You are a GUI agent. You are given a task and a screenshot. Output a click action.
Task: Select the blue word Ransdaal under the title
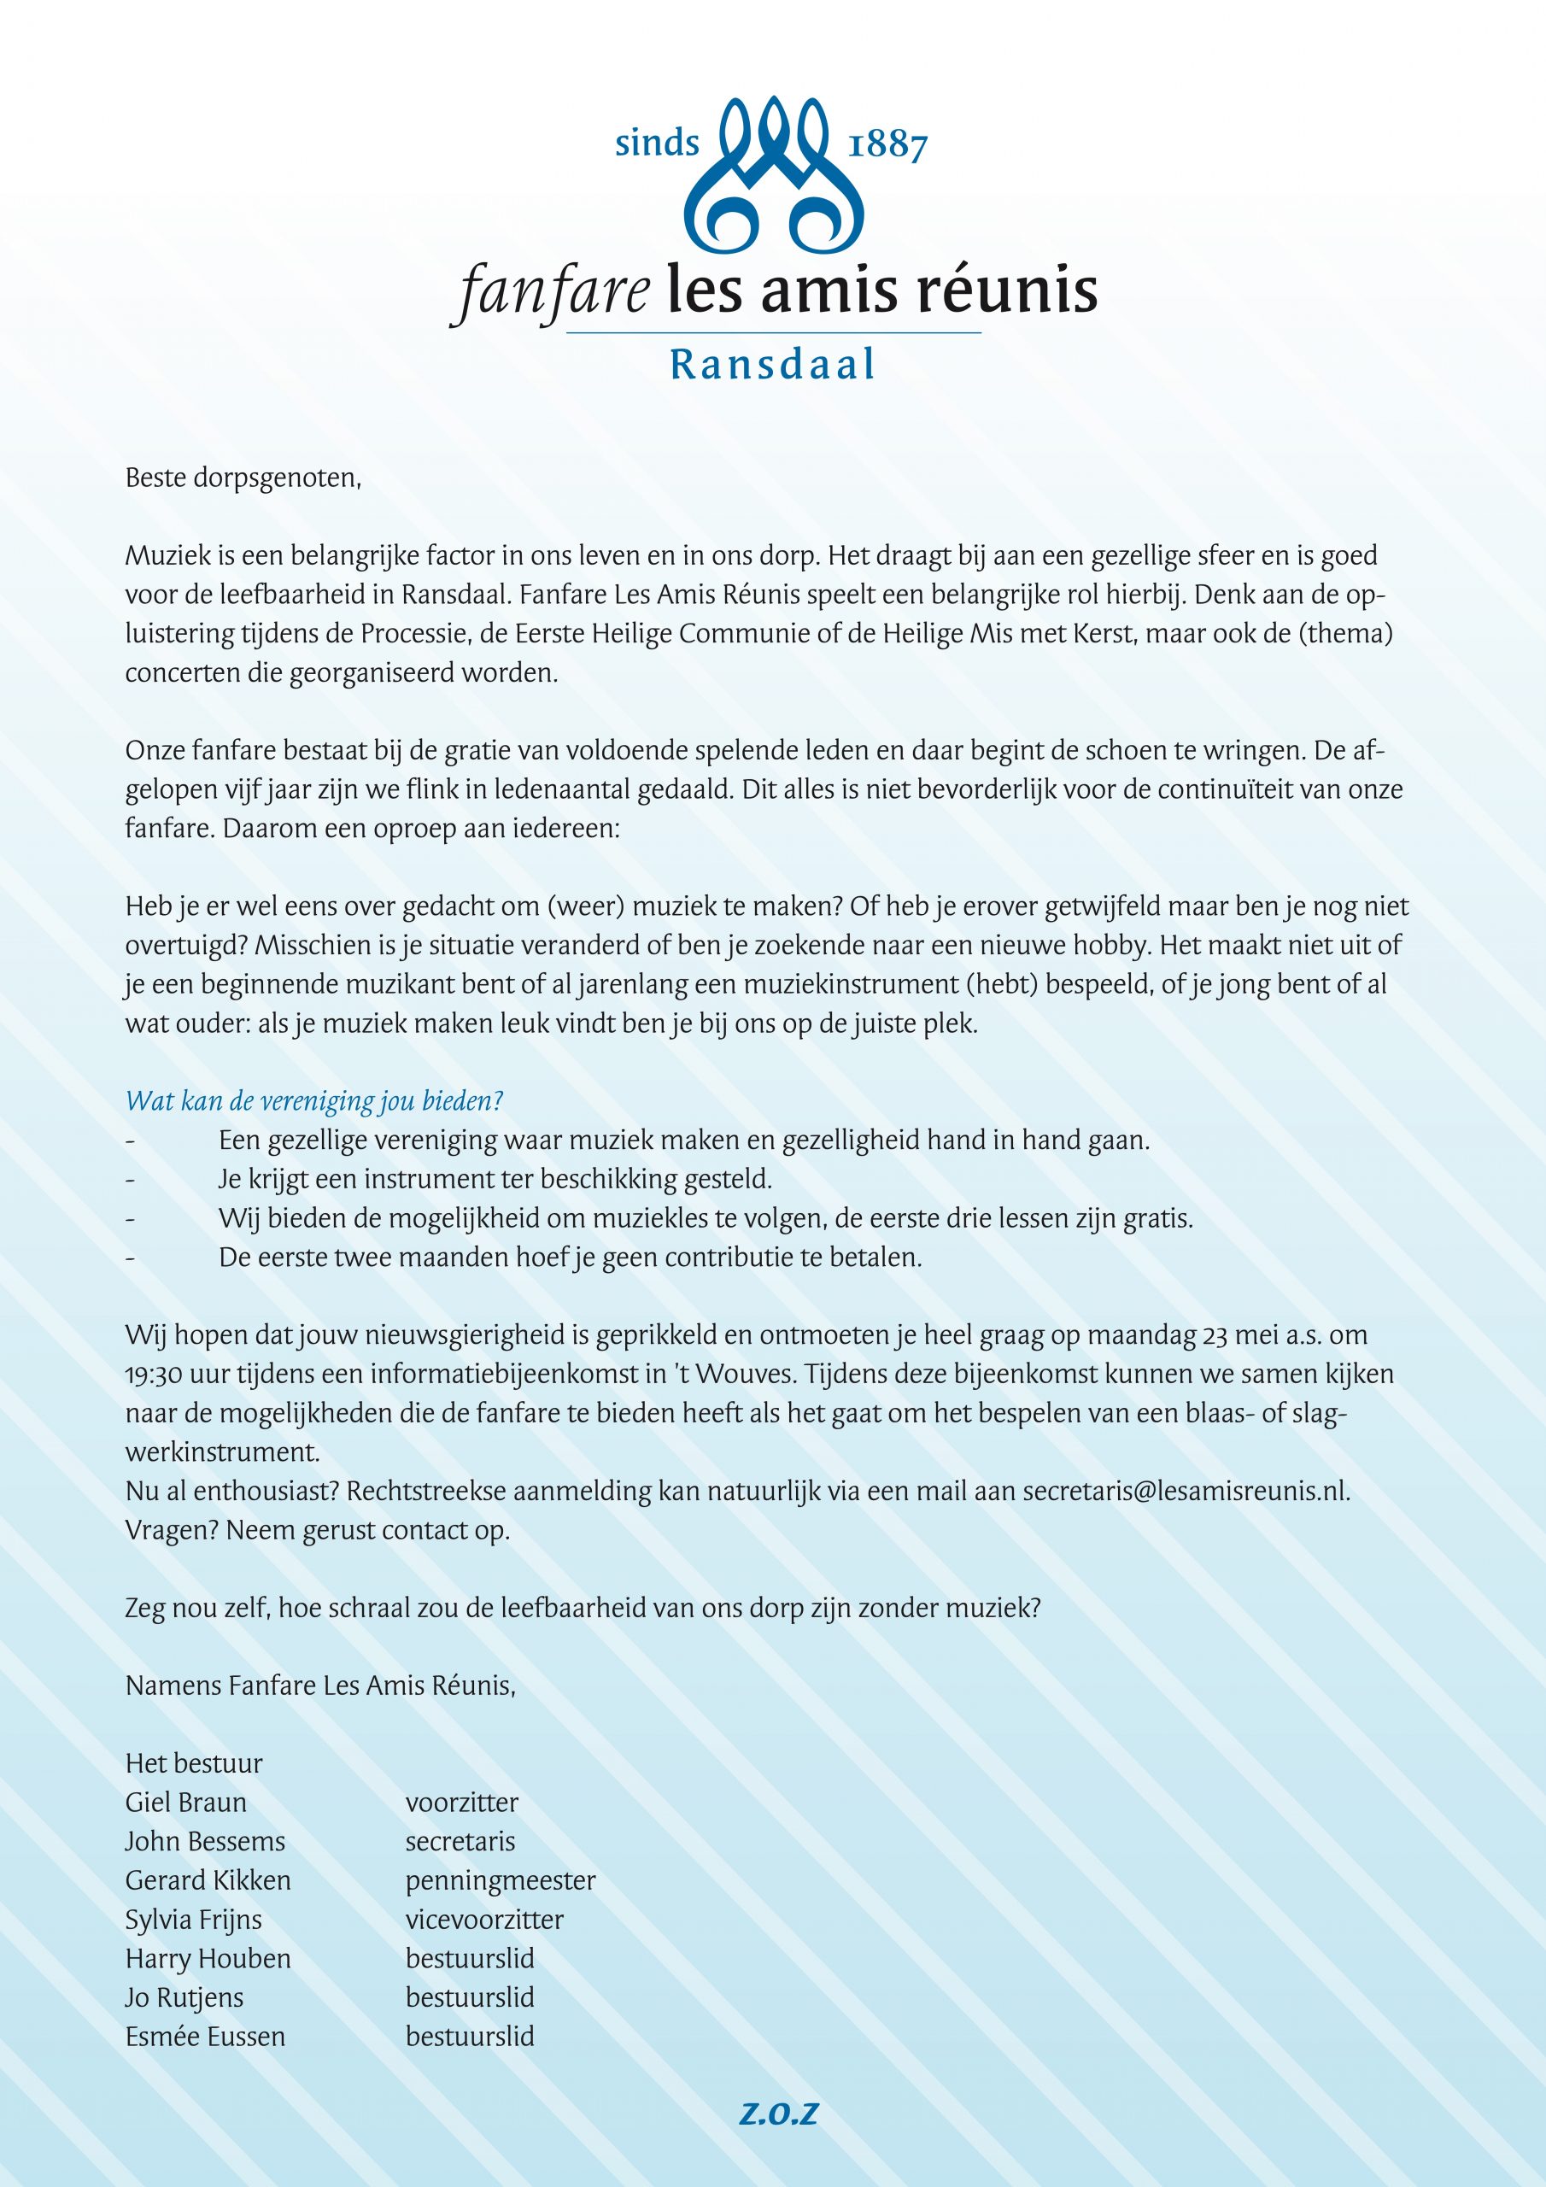coord(772,364)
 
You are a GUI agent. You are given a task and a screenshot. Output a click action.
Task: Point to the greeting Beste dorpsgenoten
coord(243,478)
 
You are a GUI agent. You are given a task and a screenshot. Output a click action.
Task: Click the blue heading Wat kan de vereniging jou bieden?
coord(314,1101)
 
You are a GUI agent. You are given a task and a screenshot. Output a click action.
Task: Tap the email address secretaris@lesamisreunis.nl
coord(1186,1491)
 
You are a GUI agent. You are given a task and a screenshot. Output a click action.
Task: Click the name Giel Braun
coord(185,1803)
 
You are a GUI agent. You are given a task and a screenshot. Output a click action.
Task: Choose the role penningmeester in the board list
coord(500,1881)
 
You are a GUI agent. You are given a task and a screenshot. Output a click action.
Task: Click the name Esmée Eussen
coord(205,2037)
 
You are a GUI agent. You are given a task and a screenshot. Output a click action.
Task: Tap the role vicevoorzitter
coord(484,1920)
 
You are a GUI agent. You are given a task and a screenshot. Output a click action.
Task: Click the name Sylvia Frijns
coord(193,1920)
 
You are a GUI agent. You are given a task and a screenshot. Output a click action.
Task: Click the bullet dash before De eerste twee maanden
coord(130,1258)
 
